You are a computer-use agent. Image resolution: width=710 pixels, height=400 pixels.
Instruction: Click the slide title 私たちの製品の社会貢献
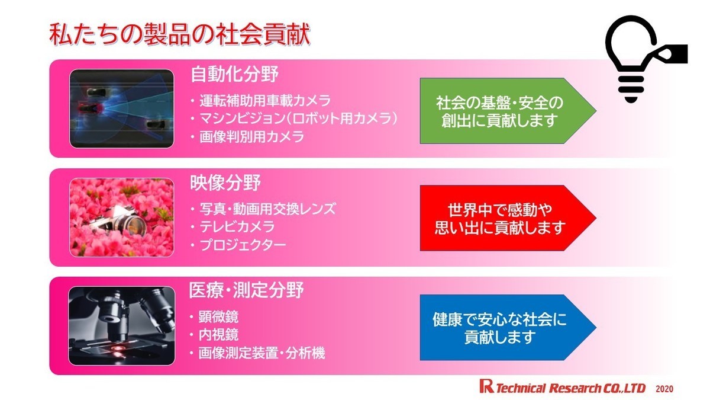click(x=180, y=34)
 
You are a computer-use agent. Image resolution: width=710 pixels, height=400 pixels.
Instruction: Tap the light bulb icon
click(x=645, y=59)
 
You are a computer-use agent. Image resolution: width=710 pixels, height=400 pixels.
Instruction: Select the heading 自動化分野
click(x=234, y=74)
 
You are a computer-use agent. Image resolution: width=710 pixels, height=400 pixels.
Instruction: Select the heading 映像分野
click(x=225, y=183)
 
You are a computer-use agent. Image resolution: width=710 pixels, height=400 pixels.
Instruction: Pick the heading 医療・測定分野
click(x=246, y=290)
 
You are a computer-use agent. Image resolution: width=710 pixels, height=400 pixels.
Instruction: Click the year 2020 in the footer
click(x=664, y=389)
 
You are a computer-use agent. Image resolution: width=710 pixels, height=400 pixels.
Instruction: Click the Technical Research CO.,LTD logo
click(x=562, y=388)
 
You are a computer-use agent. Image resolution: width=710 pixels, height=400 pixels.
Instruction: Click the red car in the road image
click(x=90, y=109)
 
